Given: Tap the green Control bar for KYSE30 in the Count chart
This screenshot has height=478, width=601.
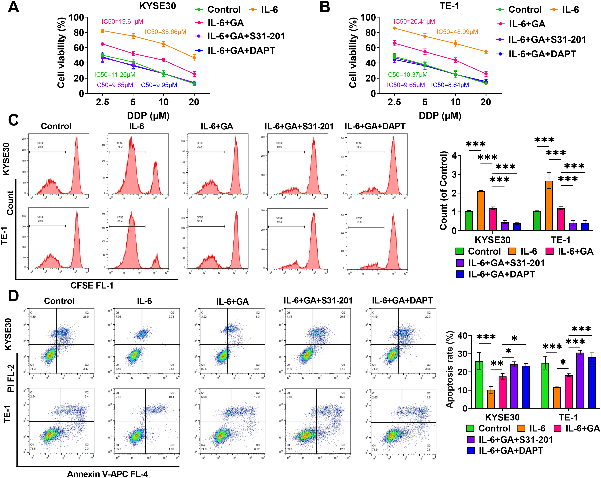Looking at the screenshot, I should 469,221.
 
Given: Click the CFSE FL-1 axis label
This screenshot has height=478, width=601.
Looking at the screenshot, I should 92,286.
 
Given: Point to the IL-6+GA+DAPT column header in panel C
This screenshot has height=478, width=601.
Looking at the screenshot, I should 375,126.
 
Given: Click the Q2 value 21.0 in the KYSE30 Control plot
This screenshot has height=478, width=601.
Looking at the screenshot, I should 86,317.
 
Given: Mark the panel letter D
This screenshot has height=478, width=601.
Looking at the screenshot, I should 13,296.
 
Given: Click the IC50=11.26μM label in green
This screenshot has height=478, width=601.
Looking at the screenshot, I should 115,75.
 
